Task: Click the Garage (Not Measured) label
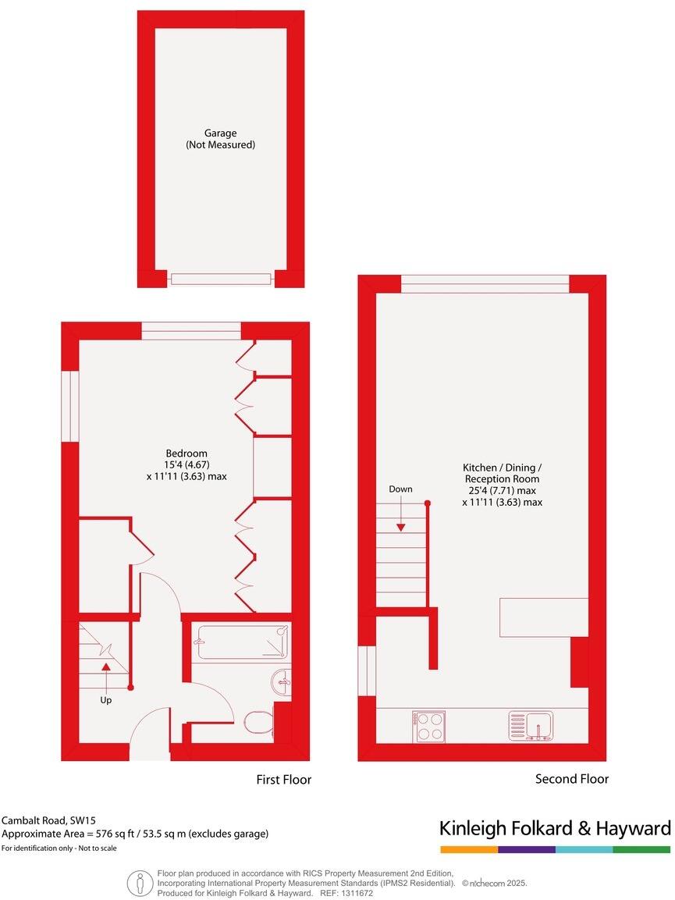220,139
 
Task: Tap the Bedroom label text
187,454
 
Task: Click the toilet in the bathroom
258,722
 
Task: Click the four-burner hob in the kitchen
429,726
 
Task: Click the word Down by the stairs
400,489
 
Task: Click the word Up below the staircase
106,700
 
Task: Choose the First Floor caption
284,780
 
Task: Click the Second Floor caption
572,779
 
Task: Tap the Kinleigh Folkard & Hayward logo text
555,828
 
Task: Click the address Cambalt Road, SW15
46,820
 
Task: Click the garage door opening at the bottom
222,279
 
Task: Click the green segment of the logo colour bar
641,849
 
